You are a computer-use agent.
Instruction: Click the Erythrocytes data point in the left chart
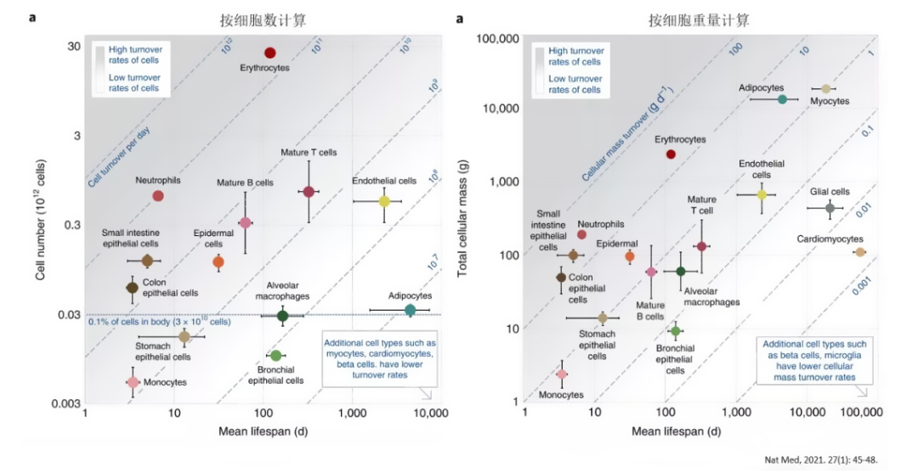pyautogui.click(x=270, y=53)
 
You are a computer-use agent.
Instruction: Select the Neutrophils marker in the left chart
pyautogui.click(x=158, y=196)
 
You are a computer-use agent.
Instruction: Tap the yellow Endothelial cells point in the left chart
pyautogui.click(x=384, y=201)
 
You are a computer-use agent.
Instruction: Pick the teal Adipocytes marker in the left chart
pyautogui.click(x=410, y=311)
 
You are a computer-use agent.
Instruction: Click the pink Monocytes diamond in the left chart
pyautogui.click(x=133, y=382)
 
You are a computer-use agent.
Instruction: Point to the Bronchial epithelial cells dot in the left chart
pyautogui.click(x=275, y=355)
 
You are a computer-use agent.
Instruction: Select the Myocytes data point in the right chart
pyautogui.click(x=825, y=88)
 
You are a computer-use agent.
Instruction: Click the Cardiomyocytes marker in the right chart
pyautogui.click(x=860, y=252)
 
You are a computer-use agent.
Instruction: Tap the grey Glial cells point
pyautogui.click(x=830, y=208)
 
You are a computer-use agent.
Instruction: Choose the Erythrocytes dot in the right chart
pyautogui.click(x=671, y=155)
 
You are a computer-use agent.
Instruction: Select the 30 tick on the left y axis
pyautogui.click(x=74, y=46)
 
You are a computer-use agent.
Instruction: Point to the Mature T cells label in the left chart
pyautogui.click(x=309, y=152)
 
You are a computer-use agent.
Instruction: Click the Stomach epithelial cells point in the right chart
pyautogui.click(x=603, y=318)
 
